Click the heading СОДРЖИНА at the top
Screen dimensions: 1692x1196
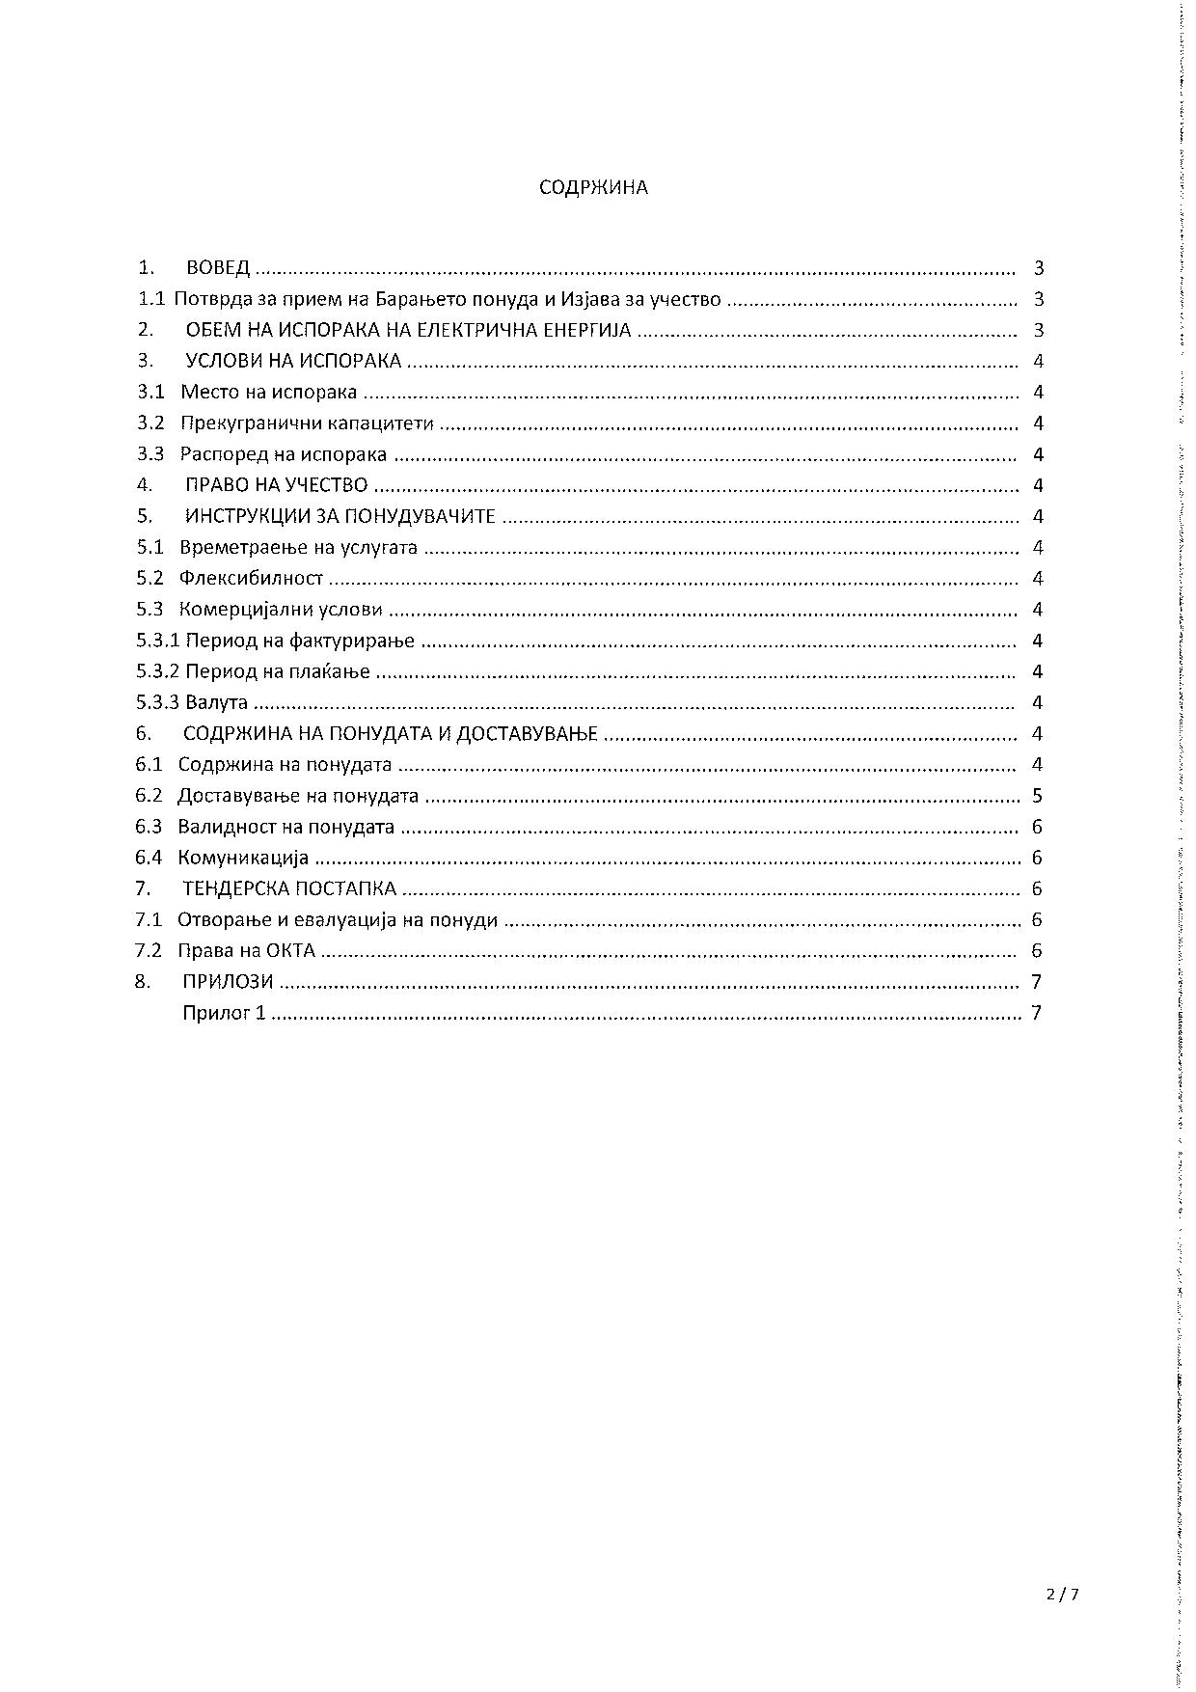pos(593,187)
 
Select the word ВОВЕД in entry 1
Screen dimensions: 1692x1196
pos(218,267)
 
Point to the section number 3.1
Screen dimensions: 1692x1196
pos(150,392)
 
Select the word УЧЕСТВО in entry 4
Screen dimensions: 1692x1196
pos(327,485)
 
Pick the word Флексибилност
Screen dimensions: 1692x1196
pos(251,579)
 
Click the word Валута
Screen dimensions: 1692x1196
pos(216,702)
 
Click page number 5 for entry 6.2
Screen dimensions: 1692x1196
pos(1037,796)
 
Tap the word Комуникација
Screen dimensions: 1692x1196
pos(243,858)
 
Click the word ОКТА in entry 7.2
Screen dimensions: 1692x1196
pos(291,950)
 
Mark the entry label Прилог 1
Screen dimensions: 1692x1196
pos(224,1013)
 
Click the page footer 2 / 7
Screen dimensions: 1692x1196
pos(1062,1595)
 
